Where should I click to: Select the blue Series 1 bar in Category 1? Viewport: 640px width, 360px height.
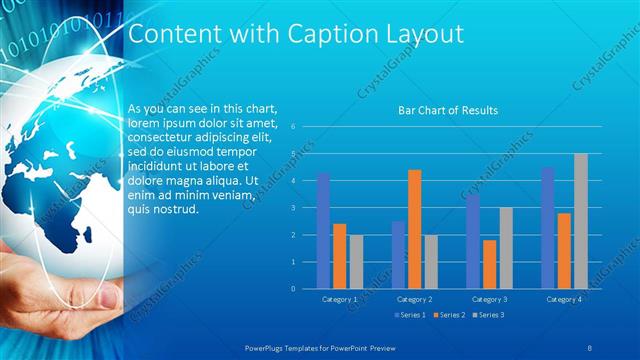click(x=323, y=230)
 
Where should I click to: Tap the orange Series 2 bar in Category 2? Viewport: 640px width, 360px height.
click(x=414, y=229)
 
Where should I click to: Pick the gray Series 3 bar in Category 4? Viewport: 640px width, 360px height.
click(x=580, y=221)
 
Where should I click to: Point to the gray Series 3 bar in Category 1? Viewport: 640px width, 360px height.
click(x=356, y=261)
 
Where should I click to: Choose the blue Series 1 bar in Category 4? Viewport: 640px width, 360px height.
click(x=547, y=227)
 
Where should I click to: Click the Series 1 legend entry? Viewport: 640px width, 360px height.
click(x=410, y=315)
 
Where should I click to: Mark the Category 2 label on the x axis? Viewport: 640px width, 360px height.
click(x=414, y=299)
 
